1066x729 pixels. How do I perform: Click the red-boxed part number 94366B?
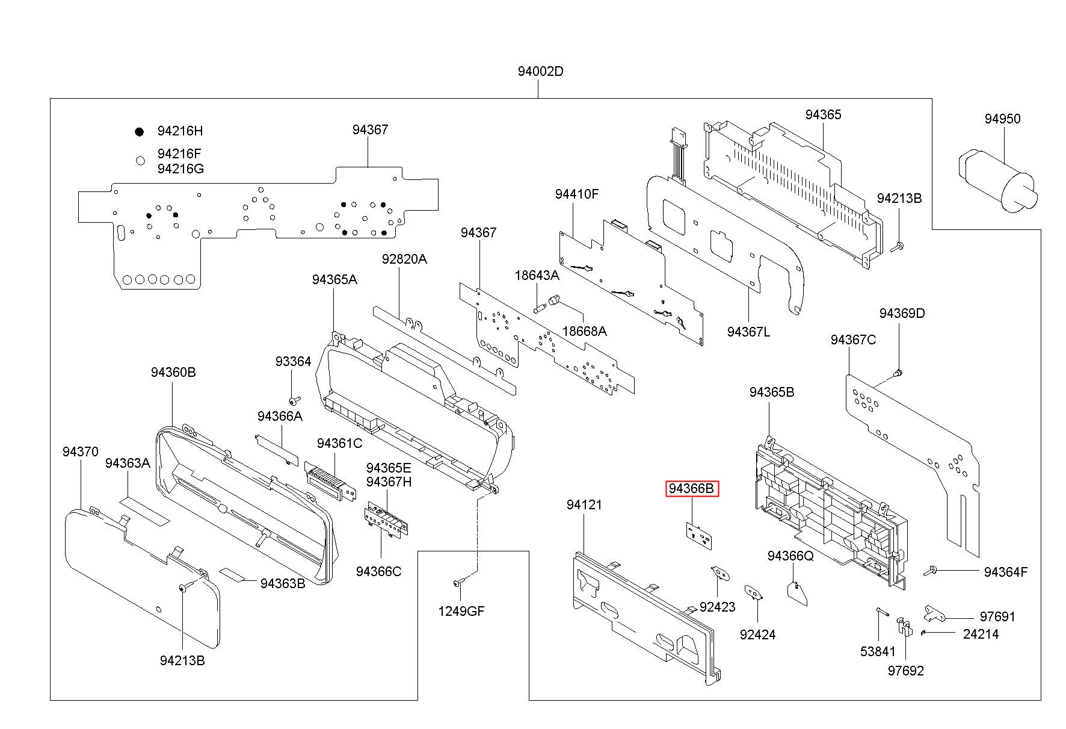[x=692, y=489]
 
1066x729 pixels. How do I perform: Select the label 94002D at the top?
[x=540, y=71]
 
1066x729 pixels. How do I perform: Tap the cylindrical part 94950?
[x=997, y=180]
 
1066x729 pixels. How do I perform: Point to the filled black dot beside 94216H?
[x=140, y=131]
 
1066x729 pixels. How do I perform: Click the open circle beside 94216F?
[x=140, y=161]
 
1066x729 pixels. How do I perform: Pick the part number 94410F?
[x=577, y=194]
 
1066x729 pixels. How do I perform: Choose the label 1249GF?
[x=461, y=612]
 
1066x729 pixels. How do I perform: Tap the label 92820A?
[x=404, y=259]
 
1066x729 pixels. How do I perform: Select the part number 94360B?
[x=173, y=373]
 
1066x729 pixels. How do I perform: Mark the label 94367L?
[x=748, y=332]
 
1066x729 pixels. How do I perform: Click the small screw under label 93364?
[x=294, y=400]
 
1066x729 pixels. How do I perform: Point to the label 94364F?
[x=1006, y=572]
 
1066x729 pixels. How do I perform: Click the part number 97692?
[x=905, y=671]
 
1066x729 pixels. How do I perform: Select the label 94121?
[x=584, y=505]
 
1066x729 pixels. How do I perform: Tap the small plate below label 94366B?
[x=697, y=533]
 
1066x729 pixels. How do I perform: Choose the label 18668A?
[x=584, y=331]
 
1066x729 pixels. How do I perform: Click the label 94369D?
[x=902, y=314]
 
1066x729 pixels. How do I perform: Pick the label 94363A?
[x=128, y=463]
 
